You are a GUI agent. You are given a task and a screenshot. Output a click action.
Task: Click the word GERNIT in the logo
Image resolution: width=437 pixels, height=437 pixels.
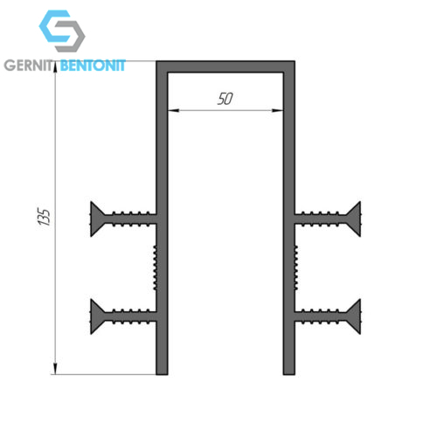[x=29, y=66]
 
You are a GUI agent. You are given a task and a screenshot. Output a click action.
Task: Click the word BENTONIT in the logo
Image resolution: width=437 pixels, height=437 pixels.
[x=93, y=66]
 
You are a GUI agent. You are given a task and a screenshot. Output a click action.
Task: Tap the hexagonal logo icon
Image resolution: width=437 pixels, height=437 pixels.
[x=62, y=31]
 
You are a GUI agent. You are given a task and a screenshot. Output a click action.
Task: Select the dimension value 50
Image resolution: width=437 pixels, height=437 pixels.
[x=225, y=99]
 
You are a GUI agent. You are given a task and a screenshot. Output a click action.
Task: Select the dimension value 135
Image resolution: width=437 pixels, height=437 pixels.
[x=45, y=217]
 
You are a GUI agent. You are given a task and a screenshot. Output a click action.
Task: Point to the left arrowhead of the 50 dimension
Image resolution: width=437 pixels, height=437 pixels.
[x=173, y=110]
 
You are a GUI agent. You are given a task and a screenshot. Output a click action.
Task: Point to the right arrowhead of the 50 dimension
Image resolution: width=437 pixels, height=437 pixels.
[x=277, y=110]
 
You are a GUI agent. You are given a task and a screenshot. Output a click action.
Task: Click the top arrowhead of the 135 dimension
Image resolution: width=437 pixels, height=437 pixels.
[x=55, y=67]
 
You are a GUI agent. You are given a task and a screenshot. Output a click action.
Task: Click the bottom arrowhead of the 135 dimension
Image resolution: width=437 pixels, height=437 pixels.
[x=55, y=369]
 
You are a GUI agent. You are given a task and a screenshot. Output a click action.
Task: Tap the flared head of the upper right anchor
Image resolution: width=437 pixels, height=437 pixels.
[x=354, y=218]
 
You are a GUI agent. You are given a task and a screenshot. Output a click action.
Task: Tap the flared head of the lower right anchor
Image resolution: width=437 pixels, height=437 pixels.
[x=354, y=316]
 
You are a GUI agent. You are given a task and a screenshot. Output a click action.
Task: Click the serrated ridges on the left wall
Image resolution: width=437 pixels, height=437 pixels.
[x=156, y=267]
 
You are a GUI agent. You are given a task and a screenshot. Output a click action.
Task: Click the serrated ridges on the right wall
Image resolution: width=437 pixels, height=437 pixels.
[x=296, y=267]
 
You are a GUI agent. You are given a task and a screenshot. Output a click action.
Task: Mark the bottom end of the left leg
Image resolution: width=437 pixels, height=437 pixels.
[x=162, y=374]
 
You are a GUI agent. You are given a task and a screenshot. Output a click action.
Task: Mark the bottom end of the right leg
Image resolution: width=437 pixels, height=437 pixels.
[x=289, y=374]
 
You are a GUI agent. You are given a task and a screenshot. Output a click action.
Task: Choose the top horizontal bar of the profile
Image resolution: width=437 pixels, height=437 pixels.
[x=225, y=66]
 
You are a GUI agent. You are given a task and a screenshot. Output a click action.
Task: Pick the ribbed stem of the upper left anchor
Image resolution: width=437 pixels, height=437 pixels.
[x=131, y=218]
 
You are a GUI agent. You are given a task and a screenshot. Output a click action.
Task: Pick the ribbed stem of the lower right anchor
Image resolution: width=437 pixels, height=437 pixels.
[x=321, y=316]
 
